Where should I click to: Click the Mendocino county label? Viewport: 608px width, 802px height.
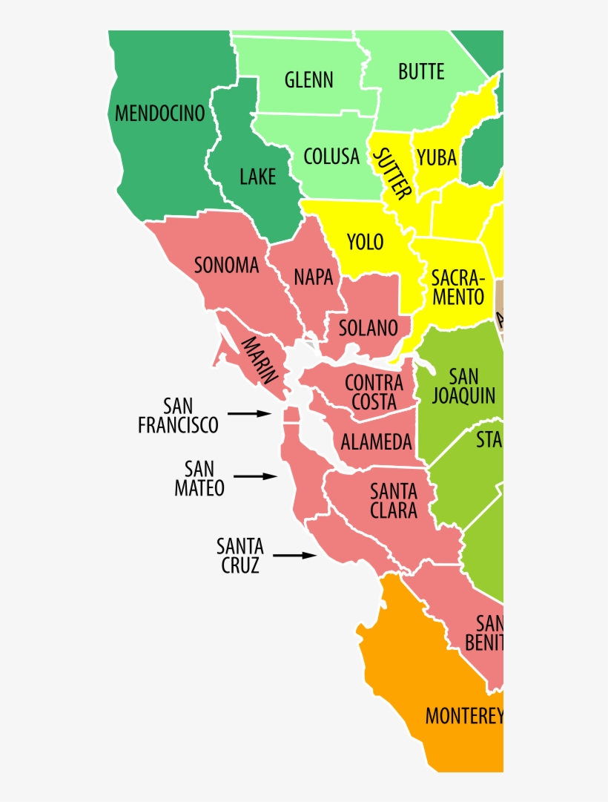pyautogui.click(x=159, y=114)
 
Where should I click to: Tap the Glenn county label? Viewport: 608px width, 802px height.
pyautogui.click(x=308, y=79)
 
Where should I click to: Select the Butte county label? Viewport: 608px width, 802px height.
pyautogui.click(x=421, y=72)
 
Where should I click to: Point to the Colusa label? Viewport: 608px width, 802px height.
pyautogui.click(x=331, y=157)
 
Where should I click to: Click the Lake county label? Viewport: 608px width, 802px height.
pyautogui.click(x=257, y=177)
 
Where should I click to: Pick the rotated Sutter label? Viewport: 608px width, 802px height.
pyautogui.click(x=391, y=174)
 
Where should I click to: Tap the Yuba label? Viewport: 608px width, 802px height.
pyautogui.click(x=437, y=157)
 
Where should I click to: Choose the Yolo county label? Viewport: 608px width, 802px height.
pyautogui.click(x=365, y=241)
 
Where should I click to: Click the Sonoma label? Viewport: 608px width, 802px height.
pyautogui.click(x=226, y=265)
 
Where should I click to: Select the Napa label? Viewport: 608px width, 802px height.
pyautogui.click(x=313, y=277)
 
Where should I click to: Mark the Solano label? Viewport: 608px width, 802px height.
pyautogui.click(x=369, y=327)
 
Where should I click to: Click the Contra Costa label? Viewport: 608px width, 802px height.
pyautogui.click(x=374, y=392)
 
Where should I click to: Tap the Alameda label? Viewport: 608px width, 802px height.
pyautogui.click(x=376, y=442)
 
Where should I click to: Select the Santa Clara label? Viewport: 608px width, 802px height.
pyautogui.click(x=394, y=501)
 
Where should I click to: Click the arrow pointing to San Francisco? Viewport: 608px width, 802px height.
pyautogui.click(x=250, y=413)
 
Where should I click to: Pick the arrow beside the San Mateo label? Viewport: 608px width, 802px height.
pyautogui.click(x=254, y=476)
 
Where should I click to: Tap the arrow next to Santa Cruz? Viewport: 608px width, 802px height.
pyautogui.click(x=294, y=554)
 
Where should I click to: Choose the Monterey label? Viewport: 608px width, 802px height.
pyautogui.click(x=464, y=716)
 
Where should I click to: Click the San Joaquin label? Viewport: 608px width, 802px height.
pyautogui.click(x=464, y=386)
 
